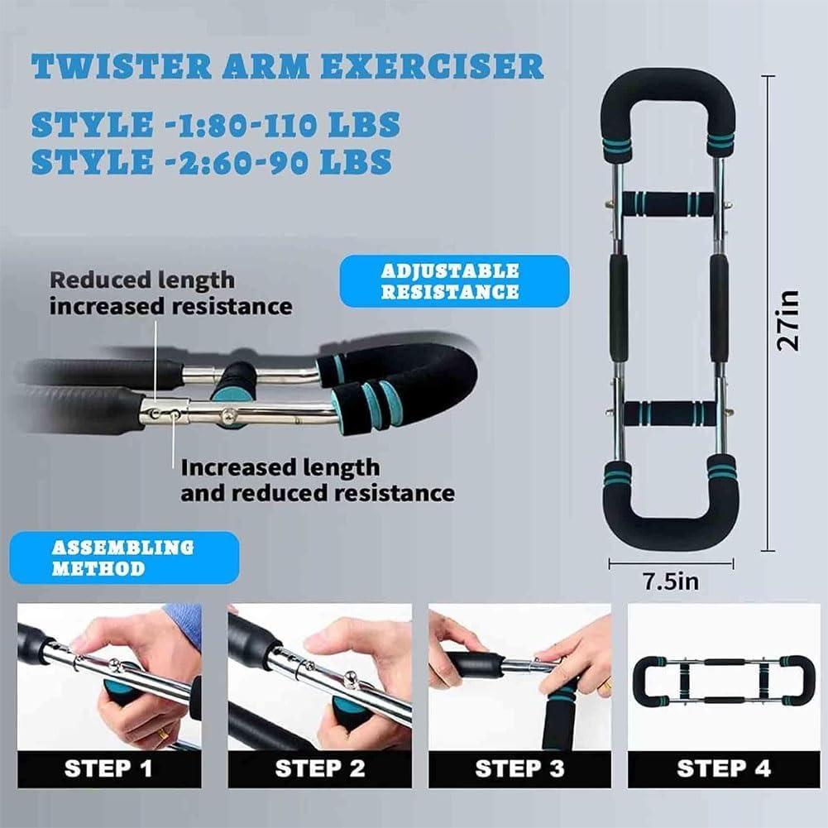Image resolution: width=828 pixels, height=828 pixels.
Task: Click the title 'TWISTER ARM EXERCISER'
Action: pos(286,66)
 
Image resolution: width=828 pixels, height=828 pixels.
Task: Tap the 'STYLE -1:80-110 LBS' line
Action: pos(215,125)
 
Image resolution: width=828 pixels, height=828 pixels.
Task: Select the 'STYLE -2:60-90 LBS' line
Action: pos(211,162)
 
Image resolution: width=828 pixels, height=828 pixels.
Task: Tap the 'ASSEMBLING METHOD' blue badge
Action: pos(124,558)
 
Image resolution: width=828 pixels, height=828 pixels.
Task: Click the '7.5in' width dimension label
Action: pos(671,582)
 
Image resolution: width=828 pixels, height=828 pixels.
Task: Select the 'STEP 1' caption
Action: pos(108,768)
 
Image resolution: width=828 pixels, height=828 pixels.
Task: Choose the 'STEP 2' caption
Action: pos(319,768)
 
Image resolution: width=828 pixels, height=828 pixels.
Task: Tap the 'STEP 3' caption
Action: pos(519,768)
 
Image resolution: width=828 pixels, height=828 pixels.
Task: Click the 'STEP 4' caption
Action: pos(723,768)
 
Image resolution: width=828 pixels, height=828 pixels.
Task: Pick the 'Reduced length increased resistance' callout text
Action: pos(170,294)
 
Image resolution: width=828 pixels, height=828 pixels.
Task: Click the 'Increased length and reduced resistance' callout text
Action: pos(318,480)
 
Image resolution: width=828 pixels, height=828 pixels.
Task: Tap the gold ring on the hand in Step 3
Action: pos(605,684)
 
